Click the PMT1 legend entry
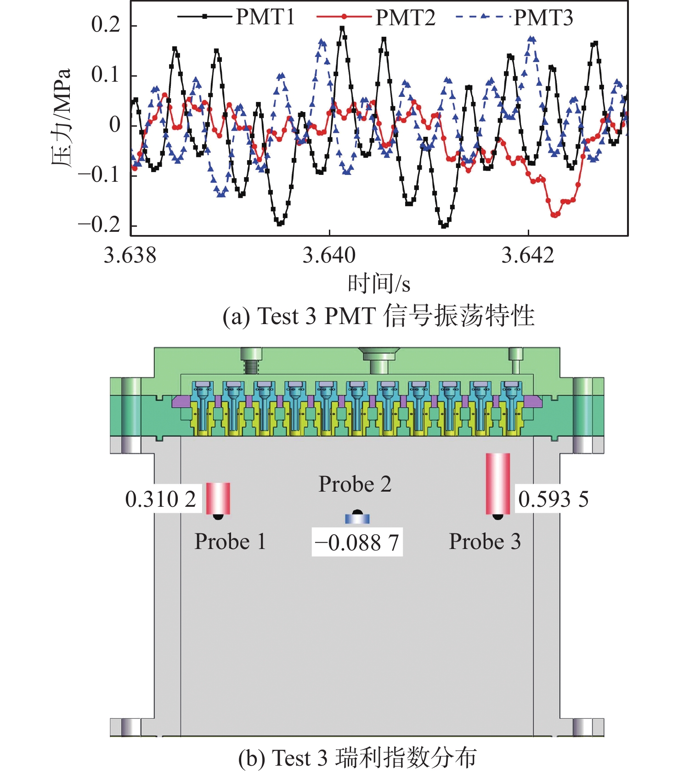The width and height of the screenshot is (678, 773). (265, 17)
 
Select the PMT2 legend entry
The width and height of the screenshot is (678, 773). (405, 17)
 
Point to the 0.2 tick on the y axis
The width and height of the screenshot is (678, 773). (106, 25)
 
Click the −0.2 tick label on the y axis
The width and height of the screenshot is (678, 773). (99, 225)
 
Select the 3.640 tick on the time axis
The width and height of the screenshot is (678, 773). (329, 255)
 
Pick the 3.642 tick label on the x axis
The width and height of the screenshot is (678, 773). (528, 255)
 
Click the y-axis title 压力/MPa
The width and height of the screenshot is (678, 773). (62, 118)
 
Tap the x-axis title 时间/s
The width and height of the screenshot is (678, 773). (379, 284)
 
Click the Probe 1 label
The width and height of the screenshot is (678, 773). (230, 542)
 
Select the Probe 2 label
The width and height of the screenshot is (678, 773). (355, 484)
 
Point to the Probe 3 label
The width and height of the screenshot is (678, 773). (485, 542)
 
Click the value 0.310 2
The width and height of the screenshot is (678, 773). (161, 499)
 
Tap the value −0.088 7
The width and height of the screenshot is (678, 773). (357, 543)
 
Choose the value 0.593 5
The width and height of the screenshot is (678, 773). (553, 499)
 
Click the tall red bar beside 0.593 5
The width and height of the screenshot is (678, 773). (498, 483)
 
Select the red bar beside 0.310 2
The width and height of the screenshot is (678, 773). (218, 498)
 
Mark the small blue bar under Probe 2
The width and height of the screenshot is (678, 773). (357, 519)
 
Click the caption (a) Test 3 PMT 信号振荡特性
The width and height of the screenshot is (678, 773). (379, 316)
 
